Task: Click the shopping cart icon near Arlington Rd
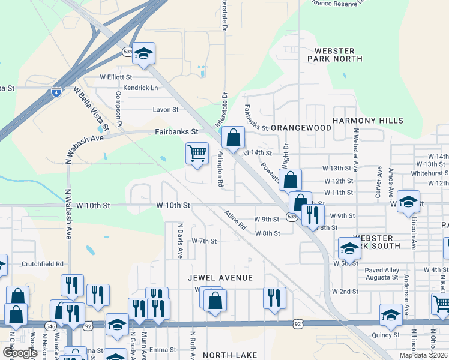pyautogui.click(x=197, y=154)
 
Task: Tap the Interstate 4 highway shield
pyautogui.click(x=56, y=92)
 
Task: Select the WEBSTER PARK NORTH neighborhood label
pyautogui.click(x=335, y=55)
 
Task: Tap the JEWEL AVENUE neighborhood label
pyautogui.click(x=220, y=278)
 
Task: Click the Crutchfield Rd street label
pyautogui.click(x=43, y=263)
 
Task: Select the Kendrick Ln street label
pyautogui.click(x=137, y=88)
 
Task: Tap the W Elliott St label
pyautogui.click(x=116, y=77)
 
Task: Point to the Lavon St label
pyautogui.click(x=166, y=110)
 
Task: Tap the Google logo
pyautogui.click(x=20, y=353)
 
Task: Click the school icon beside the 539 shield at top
pyautogui.click(x=143, y=54)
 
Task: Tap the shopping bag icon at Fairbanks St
pyautogui.click(x=233, y=137)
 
